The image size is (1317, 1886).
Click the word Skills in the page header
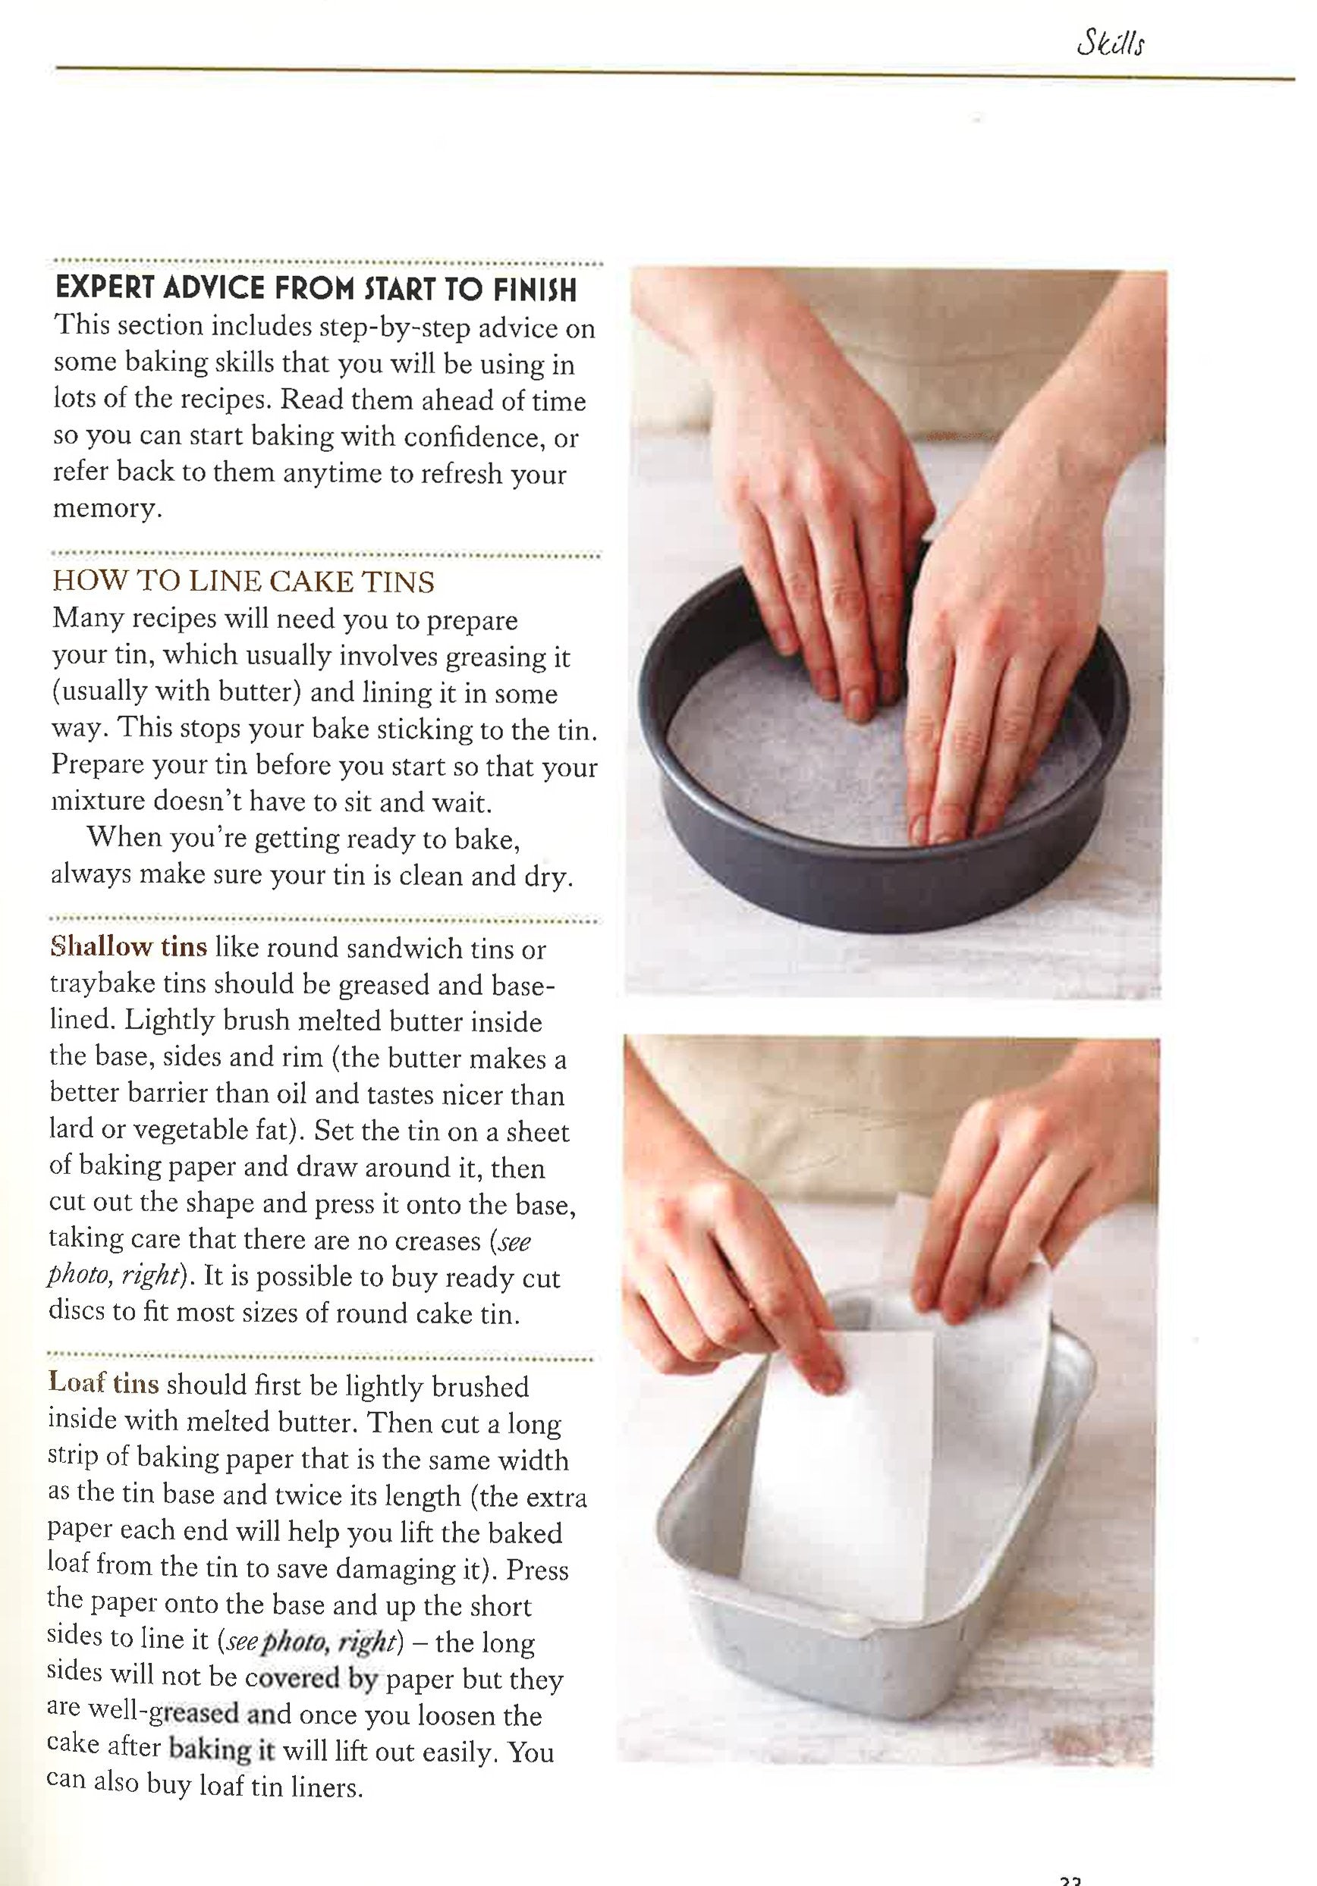1110,43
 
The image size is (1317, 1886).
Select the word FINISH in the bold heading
535,290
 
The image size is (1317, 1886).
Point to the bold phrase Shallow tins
128,946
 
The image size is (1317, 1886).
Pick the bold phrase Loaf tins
102,1382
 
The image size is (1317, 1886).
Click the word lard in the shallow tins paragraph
71,1129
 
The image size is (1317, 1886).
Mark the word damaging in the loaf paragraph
387,1569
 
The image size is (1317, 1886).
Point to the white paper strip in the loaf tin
838,1479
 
